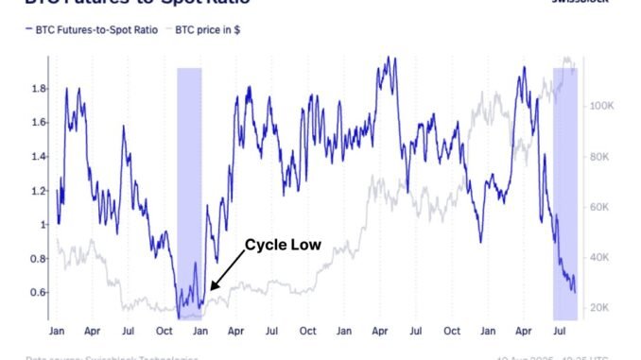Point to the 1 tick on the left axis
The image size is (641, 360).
pyautogui.click(x=40, y=224)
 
